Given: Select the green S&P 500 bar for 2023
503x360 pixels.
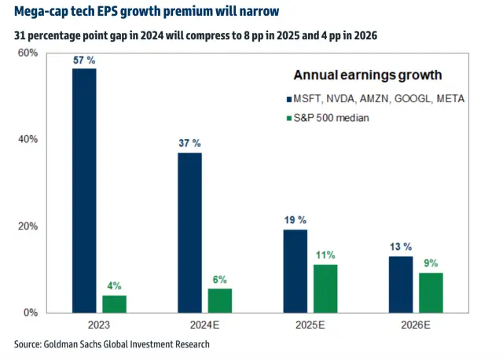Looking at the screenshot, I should [x=114, y=303].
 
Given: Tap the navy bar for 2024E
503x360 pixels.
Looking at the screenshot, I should [x=189, y=233].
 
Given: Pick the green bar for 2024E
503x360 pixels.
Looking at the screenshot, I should [x=219, y=299].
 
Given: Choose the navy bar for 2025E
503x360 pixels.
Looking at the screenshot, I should [x=295, y=270].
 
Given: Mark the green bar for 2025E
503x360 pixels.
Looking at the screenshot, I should [x=325, y=288].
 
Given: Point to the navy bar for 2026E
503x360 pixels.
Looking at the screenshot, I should [x=401, y=284].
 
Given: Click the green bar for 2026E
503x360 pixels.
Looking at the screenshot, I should [x=431, y=292].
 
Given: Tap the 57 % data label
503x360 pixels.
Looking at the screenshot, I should [x=84, y=59].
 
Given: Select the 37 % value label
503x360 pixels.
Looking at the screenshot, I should [x=189, y=143].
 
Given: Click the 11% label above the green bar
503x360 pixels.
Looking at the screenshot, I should [x=325, y=255].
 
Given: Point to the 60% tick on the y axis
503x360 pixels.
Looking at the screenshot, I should [x=28, y=53].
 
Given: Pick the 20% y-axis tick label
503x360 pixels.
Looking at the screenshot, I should [x=28, y=226].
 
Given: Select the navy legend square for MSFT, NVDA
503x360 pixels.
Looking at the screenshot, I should [x=287, y=99].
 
